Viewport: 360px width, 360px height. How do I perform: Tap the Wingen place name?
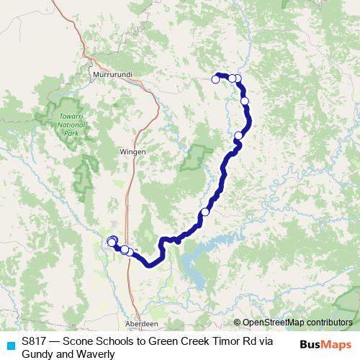coord(132,152)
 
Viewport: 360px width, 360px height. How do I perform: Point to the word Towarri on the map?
coord(70,117)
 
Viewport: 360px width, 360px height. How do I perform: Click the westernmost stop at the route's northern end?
coord(215,79)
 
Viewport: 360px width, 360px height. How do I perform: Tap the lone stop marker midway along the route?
coord(205,212)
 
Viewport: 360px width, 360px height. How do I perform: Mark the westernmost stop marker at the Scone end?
coord(111,241)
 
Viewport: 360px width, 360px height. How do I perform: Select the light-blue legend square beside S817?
coord(9,344)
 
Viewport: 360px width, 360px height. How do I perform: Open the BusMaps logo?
coord(327,344)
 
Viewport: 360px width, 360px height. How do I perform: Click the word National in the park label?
coord(70,125)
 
